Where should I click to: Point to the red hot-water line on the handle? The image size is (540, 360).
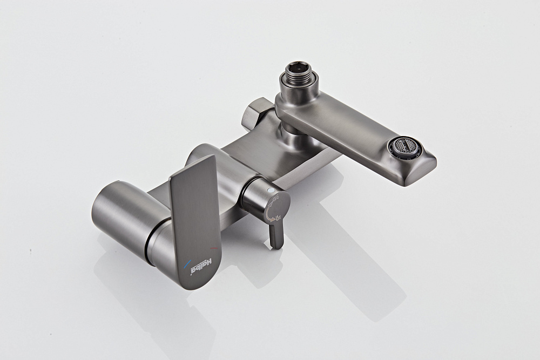tap(213, 247)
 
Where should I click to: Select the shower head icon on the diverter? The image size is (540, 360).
tap(275, 199)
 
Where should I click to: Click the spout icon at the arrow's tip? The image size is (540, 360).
tap(278, 217)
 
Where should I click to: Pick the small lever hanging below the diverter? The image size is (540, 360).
tap(275, 235)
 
